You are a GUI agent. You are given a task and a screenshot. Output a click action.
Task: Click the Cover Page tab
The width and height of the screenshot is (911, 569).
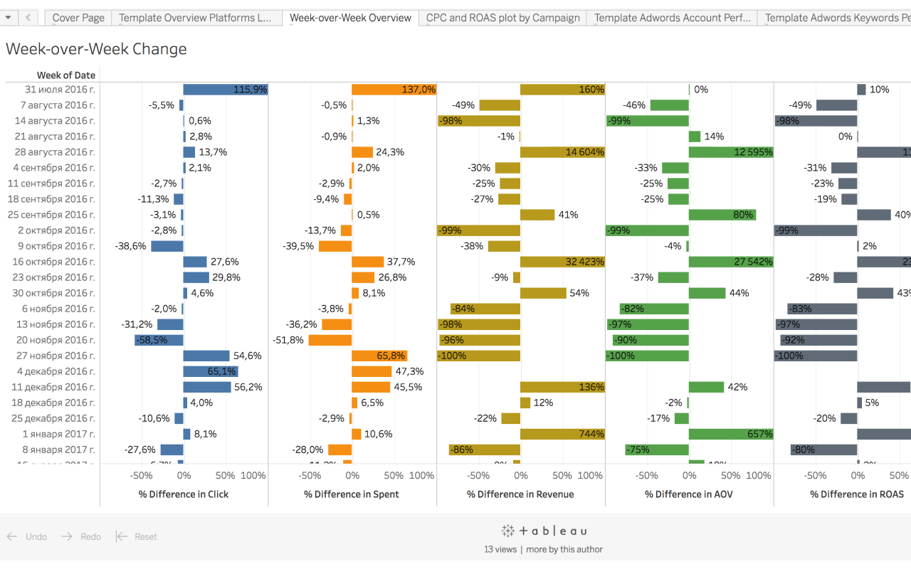[78, 18]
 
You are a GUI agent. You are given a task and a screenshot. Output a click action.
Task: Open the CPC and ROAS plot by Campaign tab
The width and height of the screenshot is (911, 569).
[503, 18]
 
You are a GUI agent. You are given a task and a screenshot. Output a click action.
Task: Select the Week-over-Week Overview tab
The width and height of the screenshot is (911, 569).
[350, 18]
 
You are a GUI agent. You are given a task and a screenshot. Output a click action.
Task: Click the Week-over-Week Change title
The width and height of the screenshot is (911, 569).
[96, 49]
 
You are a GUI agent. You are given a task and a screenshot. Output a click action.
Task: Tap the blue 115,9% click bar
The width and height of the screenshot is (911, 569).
[225, 90]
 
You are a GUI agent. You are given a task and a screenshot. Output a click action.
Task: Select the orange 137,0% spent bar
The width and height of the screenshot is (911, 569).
[394, 90]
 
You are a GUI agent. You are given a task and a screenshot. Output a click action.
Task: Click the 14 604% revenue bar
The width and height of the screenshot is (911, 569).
[562, 152]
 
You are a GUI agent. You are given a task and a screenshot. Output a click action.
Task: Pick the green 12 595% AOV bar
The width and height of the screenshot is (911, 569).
[731, 152]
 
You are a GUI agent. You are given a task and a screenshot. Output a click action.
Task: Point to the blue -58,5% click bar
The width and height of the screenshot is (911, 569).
[159, 340]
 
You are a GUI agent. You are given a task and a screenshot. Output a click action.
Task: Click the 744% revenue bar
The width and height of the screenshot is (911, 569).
[562, 434]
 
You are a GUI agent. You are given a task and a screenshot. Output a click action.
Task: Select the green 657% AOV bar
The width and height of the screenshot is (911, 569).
[731, 434]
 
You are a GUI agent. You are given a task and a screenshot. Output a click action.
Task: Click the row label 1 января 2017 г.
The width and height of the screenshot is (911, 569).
[59, 434]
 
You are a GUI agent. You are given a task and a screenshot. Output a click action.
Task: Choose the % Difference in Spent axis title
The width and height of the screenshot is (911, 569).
[352, 494]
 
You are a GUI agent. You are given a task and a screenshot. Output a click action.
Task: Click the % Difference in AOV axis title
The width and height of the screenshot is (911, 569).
[689, 494]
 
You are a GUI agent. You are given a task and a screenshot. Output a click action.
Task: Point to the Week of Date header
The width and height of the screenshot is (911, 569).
[66, 75]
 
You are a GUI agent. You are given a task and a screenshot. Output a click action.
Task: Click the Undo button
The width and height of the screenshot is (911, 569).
[28, 537]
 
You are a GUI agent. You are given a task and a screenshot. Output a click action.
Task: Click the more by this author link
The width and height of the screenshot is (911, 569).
[564, 549]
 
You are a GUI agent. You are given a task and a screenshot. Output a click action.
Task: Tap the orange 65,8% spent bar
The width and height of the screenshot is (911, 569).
[379, 356]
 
